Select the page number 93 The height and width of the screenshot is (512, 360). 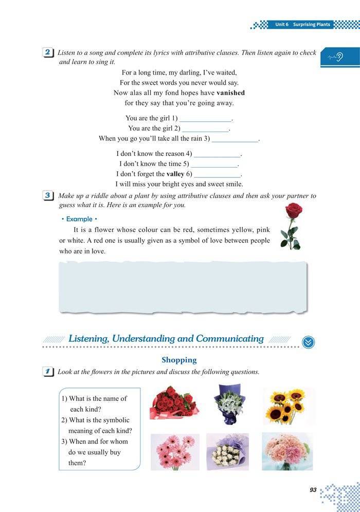coord(313,490)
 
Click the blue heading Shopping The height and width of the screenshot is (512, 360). coord(179,360)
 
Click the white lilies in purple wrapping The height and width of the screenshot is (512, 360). coord(229,403)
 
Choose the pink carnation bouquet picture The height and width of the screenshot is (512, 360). coord(287,451)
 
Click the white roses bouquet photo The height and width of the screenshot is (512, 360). coord(227,451)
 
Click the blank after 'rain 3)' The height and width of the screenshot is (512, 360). coord(235,139)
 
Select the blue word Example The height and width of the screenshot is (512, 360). coord(79,219)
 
